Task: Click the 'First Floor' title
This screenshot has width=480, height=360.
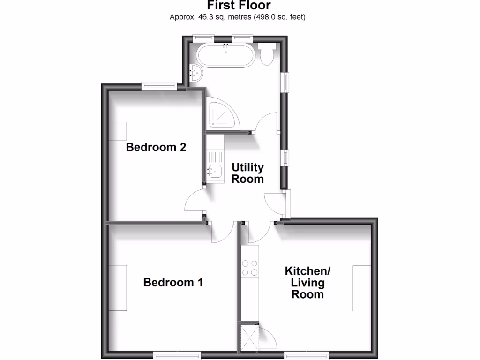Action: (239, 6)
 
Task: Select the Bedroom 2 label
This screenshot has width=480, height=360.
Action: (156, 147)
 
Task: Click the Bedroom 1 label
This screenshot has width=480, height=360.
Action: (173, 282)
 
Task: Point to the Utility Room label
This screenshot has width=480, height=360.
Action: (248, 173)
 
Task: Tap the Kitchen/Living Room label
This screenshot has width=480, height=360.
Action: (308, 283)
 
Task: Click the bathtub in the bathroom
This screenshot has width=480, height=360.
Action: (226, 56)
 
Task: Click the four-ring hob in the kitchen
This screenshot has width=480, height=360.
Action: (249, 267)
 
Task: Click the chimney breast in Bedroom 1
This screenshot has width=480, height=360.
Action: (118, 287)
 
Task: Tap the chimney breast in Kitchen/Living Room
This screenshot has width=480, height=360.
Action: (361, 287)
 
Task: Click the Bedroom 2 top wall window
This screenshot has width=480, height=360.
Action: (160, 86)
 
